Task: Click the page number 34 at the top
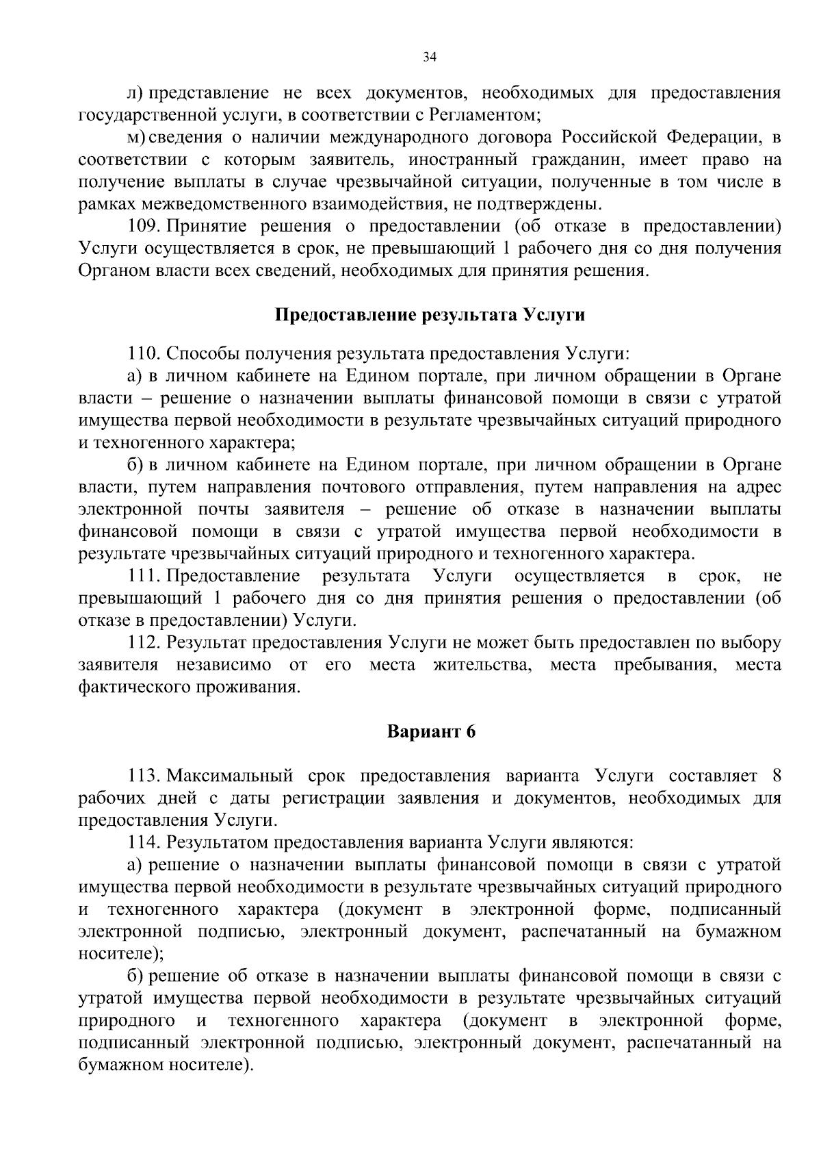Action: point(430,58)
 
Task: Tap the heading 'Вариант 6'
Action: point(431,731)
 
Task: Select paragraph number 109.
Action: point(144,226)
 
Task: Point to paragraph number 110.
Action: point(144,354)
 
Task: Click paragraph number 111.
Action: point(144,576)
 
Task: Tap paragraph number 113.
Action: point(144,776)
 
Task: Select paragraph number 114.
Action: point(144,842)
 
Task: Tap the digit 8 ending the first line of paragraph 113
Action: point(776,776)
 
